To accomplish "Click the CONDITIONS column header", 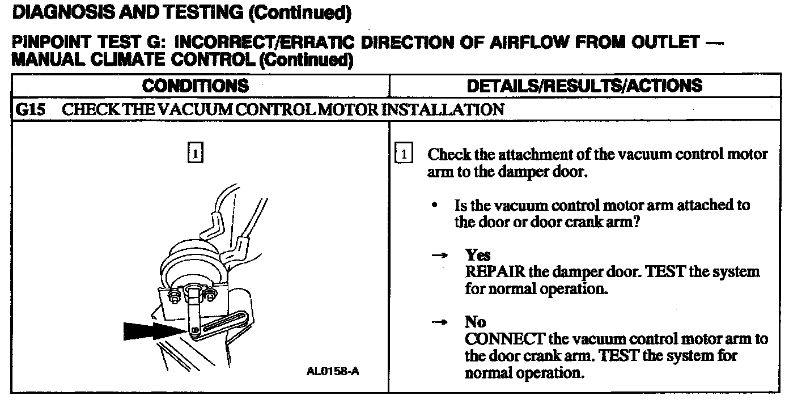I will pyautogui.click(x=196, y=86).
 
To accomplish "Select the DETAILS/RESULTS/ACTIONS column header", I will pyautogui.click(x=584, y=86).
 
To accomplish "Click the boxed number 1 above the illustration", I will pyautogui.click(x=194, y=154).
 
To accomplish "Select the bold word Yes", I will pyautogui.click(x=477, y=255).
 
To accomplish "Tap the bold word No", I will pyautogui.click(x=475, y=322).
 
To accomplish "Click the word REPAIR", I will pyautogui.click(x=494, y=272).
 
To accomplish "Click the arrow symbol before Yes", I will pyautogui.click(x=439, y=256).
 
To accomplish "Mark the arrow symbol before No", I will pyautogui.click(x=439, y=323).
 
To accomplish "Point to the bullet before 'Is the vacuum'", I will pyautogui.click(x=434, y=205).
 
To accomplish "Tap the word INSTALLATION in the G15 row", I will pyautogui.click(x=443, y=109).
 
